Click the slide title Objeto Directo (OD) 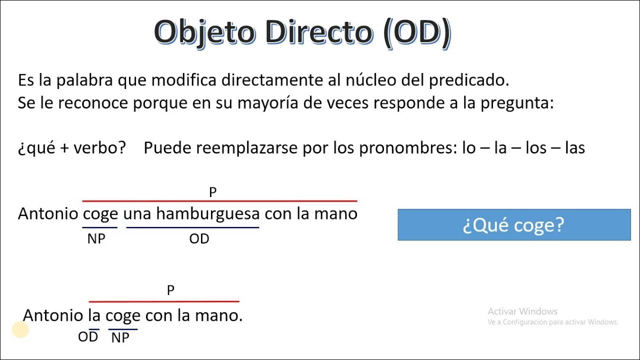point(302,33)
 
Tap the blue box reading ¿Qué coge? point(514,225)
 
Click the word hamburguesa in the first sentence point(207,214)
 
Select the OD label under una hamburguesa point(199,239)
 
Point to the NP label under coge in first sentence point(96,239)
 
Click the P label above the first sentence point(213,192)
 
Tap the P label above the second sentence point(170,290)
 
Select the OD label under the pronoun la point(88,337)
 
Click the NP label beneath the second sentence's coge point(120,338)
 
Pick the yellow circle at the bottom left point(20,329)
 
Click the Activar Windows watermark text point(522,311)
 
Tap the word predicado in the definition point(467,80)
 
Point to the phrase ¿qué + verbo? point(72,148)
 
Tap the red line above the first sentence point(220,201)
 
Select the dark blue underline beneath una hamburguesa point(192,228)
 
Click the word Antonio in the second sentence point(53,315)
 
